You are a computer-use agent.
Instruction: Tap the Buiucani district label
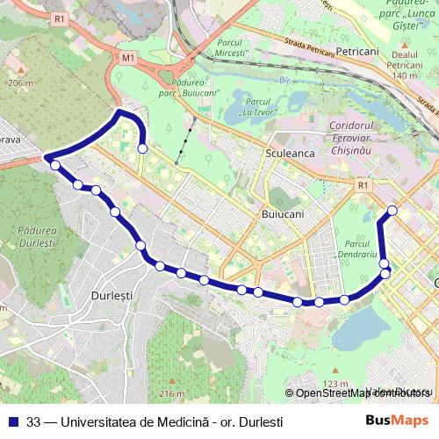283,213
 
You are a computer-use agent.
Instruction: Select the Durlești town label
112,296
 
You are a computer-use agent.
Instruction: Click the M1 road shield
128,58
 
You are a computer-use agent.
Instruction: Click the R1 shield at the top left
59,18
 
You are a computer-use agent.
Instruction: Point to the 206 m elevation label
19,83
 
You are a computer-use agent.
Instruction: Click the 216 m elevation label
171,392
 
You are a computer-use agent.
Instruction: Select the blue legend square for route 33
12,421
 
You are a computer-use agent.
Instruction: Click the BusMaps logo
398,421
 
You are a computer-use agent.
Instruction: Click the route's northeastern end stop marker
392,211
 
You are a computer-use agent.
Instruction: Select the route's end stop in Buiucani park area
142,149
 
